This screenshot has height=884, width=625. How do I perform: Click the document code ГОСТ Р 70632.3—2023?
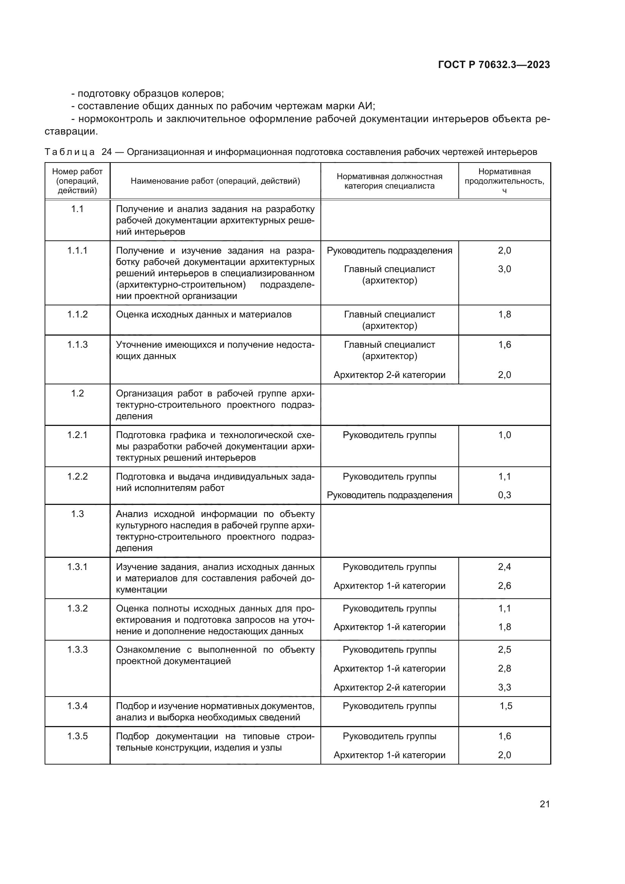494,65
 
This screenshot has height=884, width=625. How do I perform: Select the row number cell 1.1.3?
77,345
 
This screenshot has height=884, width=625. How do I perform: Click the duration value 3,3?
504,687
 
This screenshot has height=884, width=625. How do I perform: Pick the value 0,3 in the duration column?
504,495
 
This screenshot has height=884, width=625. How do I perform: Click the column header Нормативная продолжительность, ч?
504,181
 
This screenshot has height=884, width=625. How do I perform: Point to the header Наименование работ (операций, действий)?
215,181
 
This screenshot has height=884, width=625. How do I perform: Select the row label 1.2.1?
77,435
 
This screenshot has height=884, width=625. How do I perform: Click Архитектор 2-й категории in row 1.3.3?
389,687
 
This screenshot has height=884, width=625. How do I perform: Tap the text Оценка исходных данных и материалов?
204,314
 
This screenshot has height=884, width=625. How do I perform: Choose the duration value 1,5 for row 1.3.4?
506,706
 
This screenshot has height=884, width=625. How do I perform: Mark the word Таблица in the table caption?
70,152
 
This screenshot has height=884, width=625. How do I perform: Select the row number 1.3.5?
77,736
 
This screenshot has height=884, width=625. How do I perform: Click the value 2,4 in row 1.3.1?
504,567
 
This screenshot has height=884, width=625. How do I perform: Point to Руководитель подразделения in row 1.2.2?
389,495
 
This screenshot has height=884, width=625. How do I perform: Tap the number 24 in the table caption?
107,152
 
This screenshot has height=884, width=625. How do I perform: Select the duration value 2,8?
504,669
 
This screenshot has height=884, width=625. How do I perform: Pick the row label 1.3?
77,514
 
